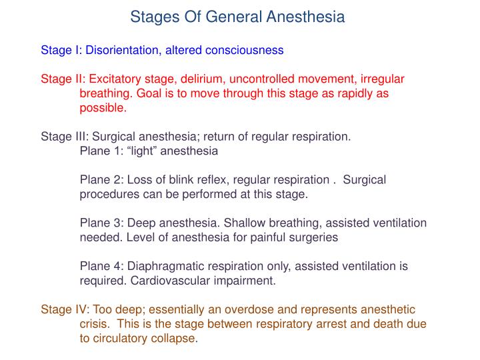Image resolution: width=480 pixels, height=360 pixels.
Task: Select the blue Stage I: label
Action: (61, 50)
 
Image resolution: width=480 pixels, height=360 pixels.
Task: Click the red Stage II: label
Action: (63, 79)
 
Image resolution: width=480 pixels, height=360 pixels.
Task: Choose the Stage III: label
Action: (65, 137)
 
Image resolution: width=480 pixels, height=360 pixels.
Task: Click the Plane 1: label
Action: (101, 151)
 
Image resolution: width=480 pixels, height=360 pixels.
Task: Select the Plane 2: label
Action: (101, 180)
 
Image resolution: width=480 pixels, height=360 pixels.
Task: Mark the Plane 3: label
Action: (101, 223)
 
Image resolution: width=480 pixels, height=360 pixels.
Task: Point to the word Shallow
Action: (245, 223)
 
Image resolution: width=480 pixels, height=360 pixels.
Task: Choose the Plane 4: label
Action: (101, 266)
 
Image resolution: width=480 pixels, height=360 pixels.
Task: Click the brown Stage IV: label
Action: (65, 309)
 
